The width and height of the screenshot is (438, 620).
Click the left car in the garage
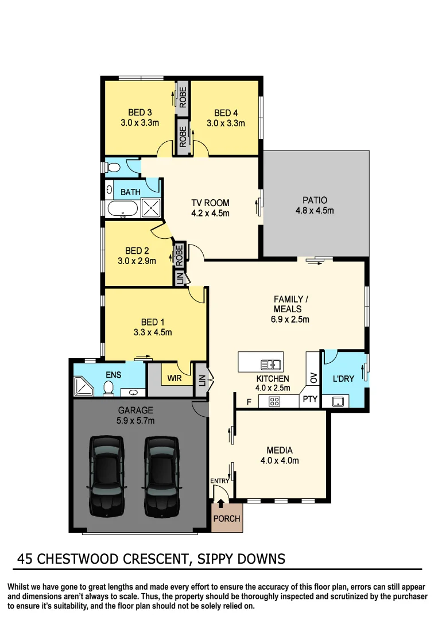(x=107, y=475)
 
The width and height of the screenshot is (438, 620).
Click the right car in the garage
(x=162, y=475)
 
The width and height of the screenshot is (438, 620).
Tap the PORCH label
(x=227, y=518)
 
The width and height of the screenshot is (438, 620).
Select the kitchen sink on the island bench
(x=269, y=364)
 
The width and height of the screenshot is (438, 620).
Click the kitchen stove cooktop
(x=274, y=402)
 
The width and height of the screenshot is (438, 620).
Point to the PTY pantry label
(x=310, y=399)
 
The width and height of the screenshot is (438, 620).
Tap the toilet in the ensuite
(x=107, y=390)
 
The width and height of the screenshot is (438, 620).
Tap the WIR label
(x=175, y=379)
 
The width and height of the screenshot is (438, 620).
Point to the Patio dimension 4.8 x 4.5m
(x=315, y=211)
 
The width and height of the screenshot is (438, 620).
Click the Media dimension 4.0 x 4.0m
(x=280, y=460)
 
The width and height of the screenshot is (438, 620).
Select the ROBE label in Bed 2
(x=179, y=254)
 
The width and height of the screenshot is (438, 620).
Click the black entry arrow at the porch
(x=222, y=503)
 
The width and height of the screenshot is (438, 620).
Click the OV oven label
(x=313, y=377)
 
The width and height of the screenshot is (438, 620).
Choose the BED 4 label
(x=226, y=113)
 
